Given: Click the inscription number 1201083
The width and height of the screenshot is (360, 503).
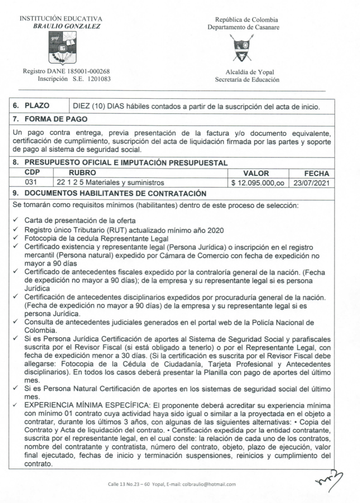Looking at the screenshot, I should tap(99, 79).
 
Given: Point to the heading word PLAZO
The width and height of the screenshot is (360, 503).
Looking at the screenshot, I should tap(37, 106).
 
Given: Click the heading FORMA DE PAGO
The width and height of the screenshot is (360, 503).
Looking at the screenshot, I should tap(56, 119).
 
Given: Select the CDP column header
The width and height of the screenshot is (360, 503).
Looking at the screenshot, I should tap(32, 172).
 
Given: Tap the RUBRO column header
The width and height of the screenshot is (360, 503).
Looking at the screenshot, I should tap(82, 173).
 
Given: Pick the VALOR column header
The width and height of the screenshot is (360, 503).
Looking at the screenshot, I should tap(256, 173).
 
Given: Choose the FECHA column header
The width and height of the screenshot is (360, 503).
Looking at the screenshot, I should tap(317, 173).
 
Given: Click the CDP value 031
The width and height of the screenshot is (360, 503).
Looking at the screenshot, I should tap(31, 182).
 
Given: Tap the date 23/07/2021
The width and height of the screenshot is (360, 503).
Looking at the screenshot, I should tap(311, 183).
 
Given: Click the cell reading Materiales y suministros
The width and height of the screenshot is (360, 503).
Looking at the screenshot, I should tap(125, 183).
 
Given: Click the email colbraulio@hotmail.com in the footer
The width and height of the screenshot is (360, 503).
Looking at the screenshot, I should tap(209, 484).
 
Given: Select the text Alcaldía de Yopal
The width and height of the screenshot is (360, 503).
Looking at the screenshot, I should tap(250, 72).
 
